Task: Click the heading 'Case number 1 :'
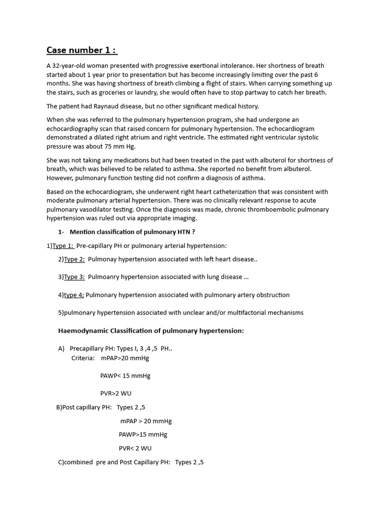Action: pyautogui.click(x=82, y=50)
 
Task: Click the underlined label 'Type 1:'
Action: pyautogui.click(x=63, y=245)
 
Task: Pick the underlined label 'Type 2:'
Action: pyautogui.click(x=74, y=259)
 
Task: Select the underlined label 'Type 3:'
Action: pyautogui.click(x=74, y=277)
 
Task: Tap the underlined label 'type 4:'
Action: pyautogui.click(x=74, y=295)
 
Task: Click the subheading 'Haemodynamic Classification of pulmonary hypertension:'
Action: pyautogui.click(x=151, y=331)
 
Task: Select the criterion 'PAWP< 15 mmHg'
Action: pyautogui.click(x=125, y=375)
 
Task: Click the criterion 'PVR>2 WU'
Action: pyautogui.click(x=116, y=393)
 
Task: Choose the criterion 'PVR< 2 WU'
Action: pyautogui.click(x=135, y=448)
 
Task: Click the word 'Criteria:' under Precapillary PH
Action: pyautogui.click(x=83, y=358)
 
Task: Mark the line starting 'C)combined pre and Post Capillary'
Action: pyautogui.click(x=131, y=462)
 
